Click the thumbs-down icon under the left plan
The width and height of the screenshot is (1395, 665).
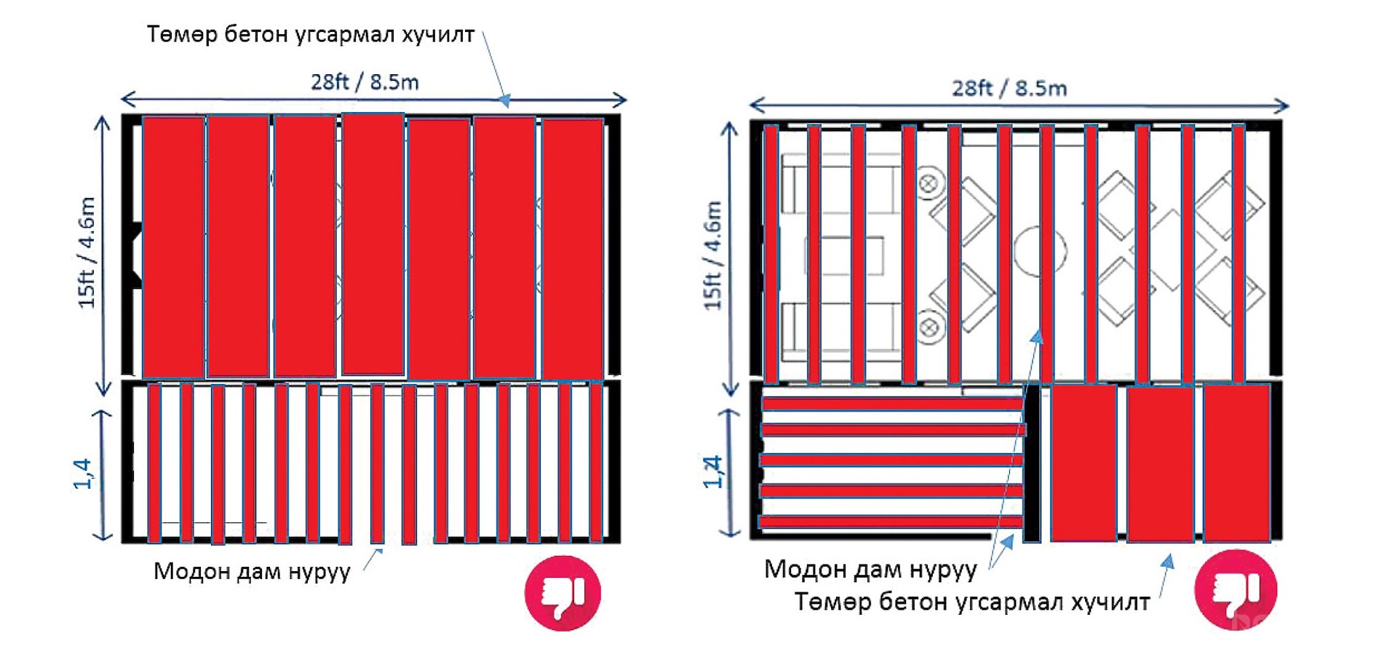pos(563,593)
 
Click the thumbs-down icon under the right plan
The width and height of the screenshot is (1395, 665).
pos(1236,589)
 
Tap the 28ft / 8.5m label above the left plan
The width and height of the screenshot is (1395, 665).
pos(365,81)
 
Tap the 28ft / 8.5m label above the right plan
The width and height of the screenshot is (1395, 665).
pos(1009,88)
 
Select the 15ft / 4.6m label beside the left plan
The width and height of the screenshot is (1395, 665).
pos(87,252)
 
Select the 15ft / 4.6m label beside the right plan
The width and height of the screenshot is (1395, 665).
pos(713,255)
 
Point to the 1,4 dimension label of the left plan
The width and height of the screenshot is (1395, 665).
pos(82,474)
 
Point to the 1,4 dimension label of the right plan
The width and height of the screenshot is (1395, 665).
pos(714,471)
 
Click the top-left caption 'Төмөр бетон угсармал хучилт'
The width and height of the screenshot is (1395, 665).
pos(311,34)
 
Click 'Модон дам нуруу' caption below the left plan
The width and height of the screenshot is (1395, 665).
pos(252,571)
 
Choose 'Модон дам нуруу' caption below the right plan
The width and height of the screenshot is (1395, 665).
pos(870,569)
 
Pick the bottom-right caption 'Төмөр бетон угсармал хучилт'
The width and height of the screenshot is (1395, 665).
pos(972,602)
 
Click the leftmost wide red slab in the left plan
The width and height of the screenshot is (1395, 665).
pos(173,247)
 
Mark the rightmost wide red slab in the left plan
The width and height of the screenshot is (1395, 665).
pos(573,249)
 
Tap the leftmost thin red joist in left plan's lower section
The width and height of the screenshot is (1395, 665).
pos(154,463)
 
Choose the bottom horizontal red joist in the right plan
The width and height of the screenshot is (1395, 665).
pos(890,522)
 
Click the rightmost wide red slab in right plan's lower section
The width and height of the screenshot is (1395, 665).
pos(1236,463)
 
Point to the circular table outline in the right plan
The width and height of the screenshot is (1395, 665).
pos(1040,250)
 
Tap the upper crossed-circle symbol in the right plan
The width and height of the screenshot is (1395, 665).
pos(929,184)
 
